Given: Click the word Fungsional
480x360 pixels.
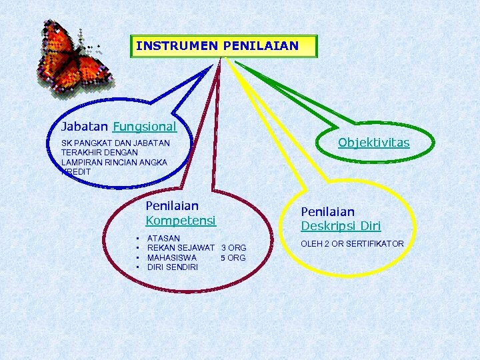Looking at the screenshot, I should pos(145,126).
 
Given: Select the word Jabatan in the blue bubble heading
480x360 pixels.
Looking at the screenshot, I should pos(85,126).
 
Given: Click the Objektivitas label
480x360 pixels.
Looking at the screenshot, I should pos(373,143).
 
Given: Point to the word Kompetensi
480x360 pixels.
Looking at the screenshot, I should pos(181,220).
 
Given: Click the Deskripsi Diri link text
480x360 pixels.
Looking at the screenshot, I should pos(341,226).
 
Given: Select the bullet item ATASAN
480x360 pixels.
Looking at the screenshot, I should pos(163,238).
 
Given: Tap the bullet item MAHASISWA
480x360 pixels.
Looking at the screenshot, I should pos(172,257).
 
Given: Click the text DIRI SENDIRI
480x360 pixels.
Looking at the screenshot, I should pos(172,267).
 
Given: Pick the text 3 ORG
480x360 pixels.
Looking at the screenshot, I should pos(233,248).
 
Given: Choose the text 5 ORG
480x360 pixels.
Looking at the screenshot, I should pos(233,258).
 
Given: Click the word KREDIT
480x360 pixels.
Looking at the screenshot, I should pos(76,172).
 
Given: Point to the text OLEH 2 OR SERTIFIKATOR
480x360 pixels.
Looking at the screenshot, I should pos(352,244).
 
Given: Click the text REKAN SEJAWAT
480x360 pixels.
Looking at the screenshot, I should pos(181,248).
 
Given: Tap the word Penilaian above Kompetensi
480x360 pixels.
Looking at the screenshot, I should pos(172,206).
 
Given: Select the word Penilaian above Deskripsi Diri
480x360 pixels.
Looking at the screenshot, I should pos(328,211).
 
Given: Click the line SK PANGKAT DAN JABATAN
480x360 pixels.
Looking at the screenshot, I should pos(115,143).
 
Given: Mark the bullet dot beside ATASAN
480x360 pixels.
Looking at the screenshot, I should pos(136,238).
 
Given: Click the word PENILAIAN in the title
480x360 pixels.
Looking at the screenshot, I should pos(261,47).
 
